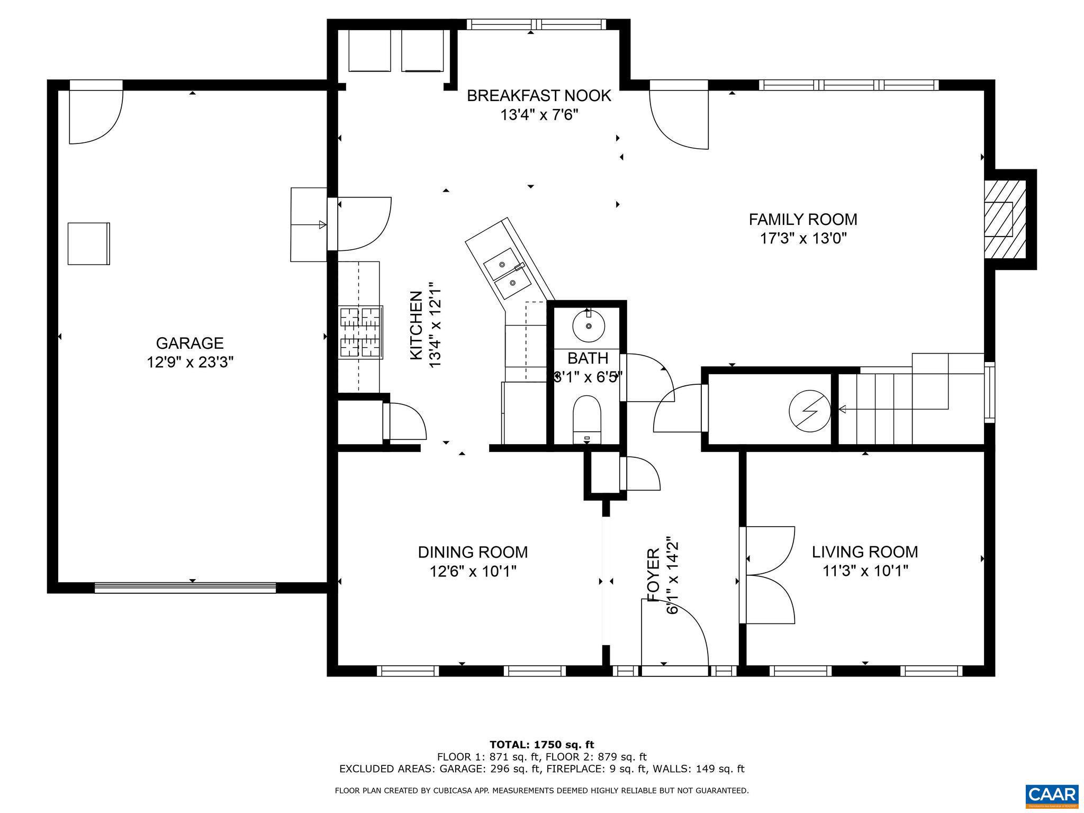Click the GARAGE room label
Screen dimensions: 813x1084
(189, 343)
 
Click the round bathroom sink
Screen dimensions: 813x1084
(589, 326)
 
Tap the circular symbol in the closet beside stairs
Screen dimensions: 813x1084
(809, 410)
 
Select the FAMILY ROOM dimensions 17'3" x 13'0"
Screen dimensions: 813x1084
(803, 238)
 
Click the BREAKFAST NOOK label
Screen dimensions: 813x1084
(539, 96)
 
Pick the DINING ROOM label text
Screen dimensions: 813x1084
(473, 552)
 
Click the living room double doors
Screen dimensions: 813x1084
(767, 575)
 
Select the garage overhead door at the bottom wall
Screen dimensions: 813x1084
(185, 587)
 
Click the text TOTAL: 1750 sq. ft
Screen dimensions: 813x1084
(541, 745)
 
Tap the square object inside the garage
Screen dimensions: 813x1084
(88, 243)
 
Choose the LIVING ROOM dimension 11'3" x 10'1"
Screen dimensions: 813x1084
(865, 571)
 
